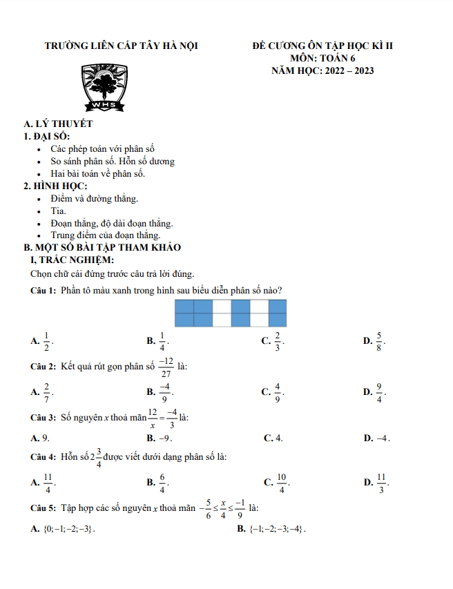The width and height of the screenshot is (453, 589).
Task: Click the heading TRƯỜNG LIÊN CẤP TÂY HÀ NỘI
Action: (121, 47)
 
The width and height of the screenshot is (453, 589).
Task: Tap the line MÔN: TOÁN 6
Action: (322, 59)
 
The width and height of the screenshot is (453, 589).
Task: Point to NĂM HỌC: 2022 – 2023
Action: (322, 70)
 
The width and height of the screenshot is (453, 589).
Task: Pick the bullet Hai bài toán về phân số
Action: (97, 173)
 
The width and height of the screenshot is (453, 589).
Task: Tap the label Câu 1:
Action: (43, 290)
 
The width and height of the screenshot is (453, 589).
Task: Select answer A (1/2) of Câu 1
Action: (42, 340)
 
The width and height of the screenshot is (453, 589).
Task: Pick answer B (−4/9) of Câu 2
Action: (160, 392)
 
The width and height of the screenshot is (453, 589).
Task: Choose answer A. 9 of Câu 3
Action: (40, 438)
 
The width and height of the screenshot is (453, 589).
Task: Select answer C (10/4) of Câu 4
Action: (276, 482)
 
